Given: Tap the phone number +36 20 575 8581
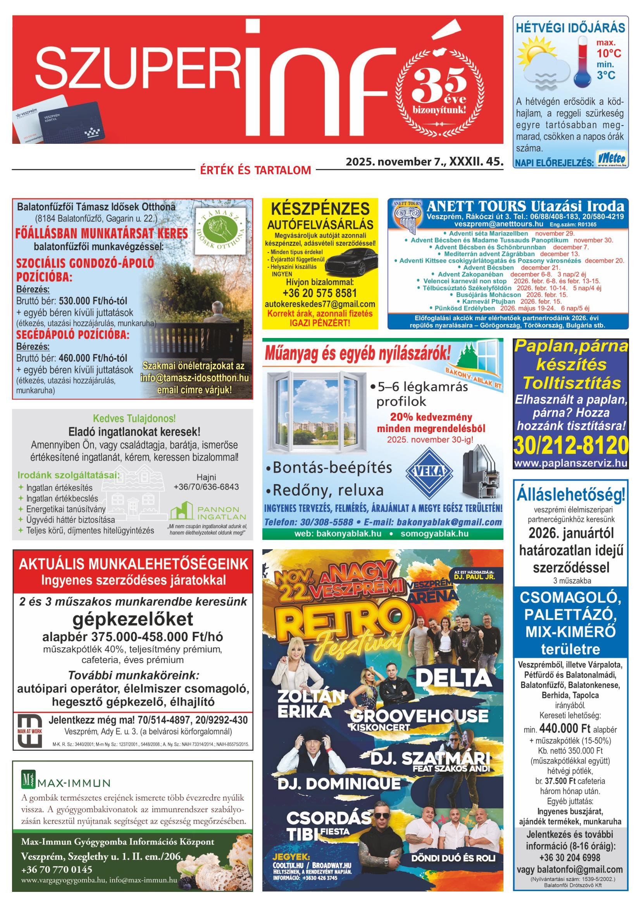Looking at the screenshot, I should point(319,293).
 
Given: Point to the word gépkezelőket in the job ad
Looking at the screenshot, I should point(133,619).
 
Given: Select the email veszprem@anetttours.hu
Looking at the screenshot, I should point(466,224).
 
